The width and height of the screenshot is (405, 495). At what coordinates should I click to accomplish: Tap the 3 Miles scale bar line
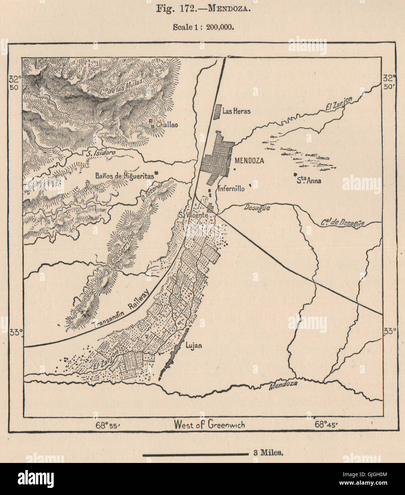click(x=195, y=454)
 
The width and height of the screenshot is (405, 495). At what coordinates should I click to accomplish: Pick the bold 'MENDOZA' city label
click(x=249, y=161)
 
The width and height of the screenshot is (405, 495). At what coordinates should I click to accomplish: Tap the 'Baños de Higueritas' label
click(x=124, y=176)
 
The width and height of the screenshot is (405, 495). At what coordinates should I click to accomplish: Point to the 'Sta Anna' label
click(x=309, y=181)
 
